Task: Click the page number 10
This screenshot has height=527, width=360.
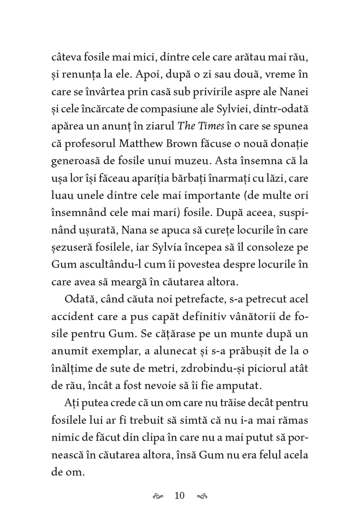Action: coord(180,496)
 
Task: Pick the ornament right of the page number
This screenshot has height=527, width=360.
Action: coord(202,496)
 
